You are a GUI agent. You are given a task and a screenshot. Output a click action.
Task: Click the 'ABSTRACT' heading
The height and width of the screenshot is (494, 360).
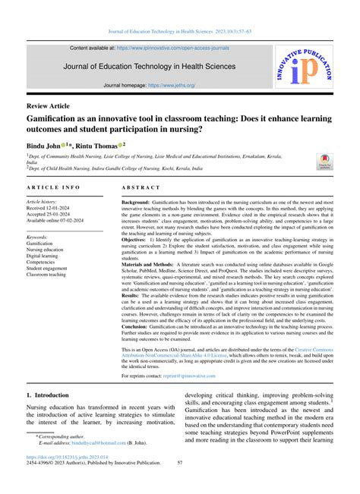pyautogui.click(x=141, y=186)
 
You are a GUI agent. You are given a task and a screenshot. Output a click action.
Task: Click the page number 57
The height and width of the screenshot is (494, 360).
pyautogui.click(x=180, y=486)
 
